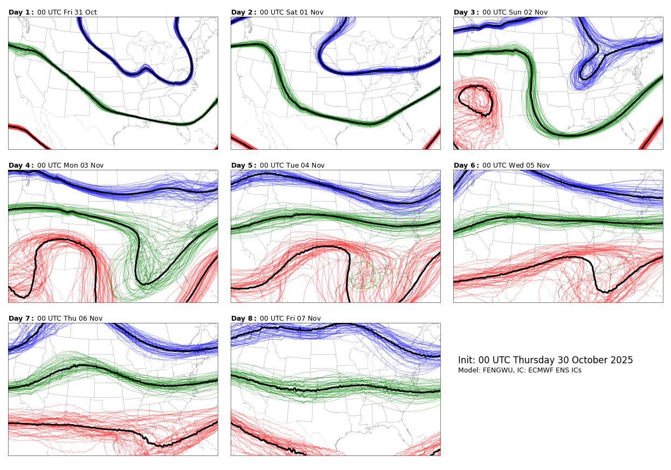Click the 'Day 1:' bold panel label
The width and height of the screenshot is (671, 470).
point(21,12)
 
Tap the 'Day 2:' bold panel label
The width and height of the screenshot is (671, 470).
point(244,12)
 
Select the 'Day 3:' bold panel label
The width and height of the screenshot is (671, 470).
point(466,12)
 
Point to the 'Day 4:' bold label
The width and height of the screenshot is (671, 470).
point(21,165)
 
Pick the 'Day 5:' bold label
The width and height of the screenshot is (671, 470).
point(244,165)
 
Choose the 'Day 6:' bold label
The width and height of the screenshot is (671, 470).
point(466,165)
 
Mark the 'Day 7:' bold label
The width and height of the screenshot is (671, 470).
point(21,319)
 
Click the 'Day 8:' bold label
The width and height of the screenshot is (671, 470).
point(244,319)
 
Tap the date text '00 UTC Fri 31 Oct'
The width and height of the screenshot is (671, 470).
point(67,12)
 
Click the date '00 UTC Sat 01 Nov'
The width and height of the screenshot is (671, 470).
point(292,12)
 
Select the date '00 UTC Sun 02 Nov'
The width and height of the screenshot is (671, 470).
point(515,12)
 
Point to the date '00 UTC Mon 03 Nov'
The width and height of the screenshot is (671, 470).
point(70,165)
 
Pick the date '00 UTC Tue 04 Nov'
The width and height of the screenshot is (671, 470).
point(292,165)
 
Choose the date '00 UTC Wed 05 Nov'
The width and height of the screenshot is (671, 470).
point(516,165)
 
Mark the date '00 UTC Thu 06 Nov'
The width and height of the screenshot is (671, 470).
point(70,319)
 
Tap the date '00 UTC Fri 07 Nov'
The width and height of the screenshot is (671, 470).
point(290,319)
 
